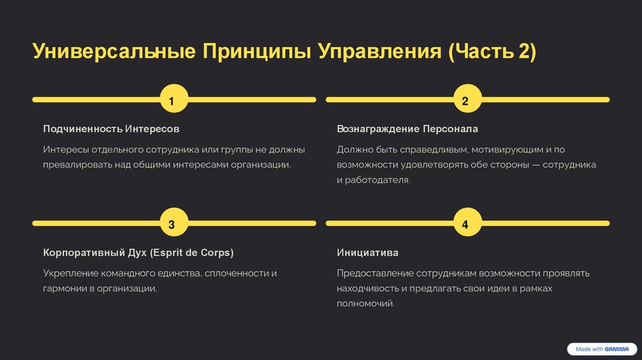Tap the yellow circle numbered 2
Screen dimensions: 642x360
point(465,100)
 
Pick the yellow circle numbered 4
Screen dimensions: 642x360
point(465,223)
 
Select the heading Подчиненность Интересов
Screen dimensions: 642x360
point(111,129)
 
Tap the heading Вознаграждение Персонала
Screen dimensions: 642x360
point(407,129)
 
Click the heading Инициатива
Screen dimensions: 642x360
point(367,253)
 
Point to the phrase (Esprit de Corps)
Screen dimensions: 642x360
point(191,253)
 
